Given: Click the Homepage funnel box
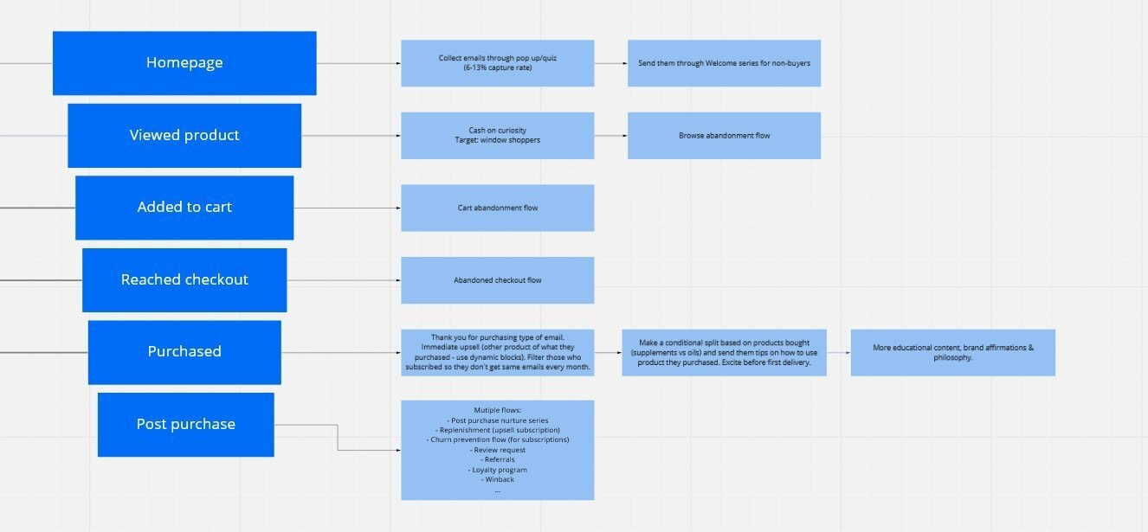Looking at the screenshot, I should point(184,63).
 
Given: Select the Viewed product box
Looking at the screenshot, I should point(184,136).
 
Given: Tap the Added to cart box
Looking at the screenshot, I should point(184,208).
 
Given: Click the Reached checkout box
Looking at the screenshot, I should point(184,280).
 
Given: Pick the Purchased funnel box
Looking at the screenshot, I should point(184,352).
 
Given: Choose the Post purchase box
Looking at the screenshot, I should point(185,425).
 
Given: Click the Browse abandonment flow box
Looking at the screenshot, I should point(724,136).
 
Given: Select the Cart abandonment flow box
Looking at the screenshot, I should point(497,208).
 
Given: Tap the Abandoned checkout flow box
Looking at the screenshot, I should point(497,280).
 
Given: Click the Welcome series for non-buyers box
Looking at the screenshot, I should point(724,63).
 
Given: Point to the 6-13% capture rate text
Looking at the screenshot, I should point(497,67).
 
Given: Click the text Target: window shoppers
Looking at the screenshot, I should point(497,140).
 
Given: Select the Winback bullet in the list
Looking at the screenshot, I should point(497,479).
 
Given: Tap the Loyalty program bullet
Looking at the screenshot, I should point(497,470).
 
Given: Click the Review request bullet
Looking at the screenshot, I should point(497,450).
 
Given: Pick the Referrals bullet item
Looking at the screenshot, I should point(497,460).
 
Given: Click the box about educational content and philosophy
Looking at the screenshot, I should point(952,352).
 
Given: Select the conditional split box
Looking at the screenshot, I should point(724,352).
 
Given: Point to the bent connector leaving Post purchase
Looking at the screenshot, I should point(338,438).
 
